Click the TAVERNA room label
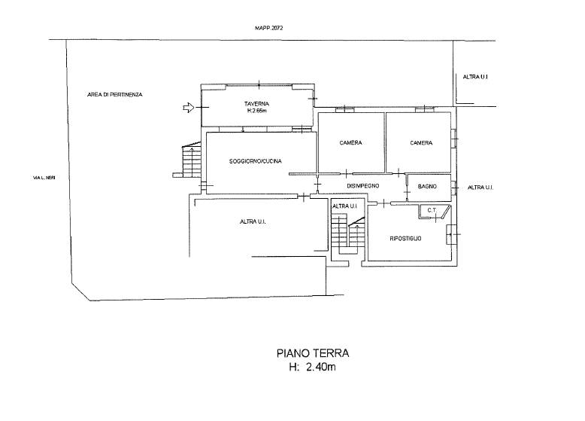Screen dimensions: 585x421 click(256, 104)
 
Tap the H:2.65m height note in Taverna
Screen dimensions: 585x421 click(256, 111)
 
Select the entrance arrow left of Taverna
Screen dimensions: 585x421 click(189, 108)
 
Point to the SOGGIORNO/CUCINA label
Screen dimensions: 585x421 click(256, 161)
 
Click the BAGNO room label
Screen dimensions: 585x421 click(428, 186)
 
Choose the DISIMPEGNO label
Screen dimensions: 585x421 click(363, 186)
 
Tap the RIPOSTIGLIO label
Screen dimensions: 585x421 click(405, 238)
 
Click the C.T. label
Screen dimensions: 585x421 click(432, 210)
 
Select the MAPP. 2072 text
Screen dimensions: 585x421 click(268, 28)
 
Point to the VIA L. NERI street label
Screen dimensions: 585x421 click(44, 178)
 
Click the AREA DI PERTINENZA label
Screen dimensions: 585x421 click(115, 95)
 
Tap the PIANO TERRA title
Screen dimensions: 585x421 click(313, 353)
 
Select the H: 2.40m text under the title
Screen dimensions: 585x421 click(313, 368)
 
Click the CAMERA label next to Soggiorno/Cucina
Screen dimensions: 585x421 click(350, 142)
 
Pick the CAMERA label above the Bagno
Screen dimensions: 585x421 click(421, 142)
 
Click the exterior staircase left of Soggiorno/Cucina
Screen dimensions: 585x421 click(192, 161)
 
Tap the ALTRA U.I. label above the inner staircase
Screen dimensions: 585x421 click(344, 206)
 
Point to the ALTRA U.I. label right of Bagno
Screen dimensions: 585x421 click(480, 188)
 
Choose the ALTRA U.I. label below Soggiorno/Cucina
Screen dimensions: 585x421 click(253, 222)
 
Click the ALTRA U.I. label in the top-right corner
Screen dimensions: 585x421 click(476, 77)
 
